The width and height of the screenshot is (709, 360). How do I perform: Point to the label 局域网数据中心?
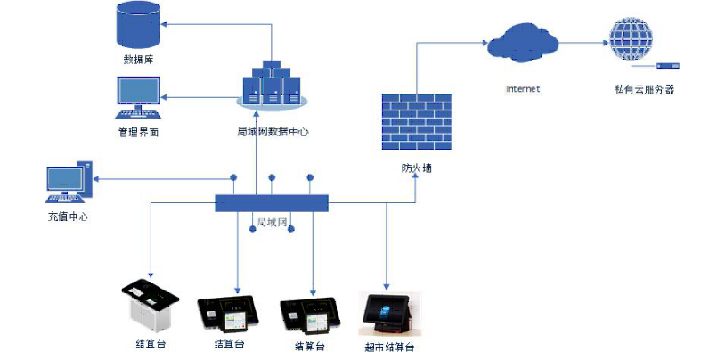coord(272,132)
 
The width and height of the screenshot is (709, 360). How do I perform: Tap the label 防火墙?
coord(416,168)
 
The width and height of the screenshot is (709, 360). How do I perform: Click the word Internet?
coord(523,89)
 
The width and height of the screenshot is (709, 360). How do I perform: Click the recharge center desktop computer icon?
coord(69,184)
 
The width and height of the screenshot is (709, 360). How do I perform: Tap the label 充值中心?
coord(68,217)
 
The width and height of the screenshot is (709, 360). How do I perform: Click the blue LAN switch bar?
coord(273,203)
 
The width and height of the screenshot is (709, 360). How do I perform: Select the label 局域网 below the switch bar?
coord(271,222)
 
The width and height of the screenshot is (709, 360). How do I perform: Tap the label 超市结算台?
coord(389,348)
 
